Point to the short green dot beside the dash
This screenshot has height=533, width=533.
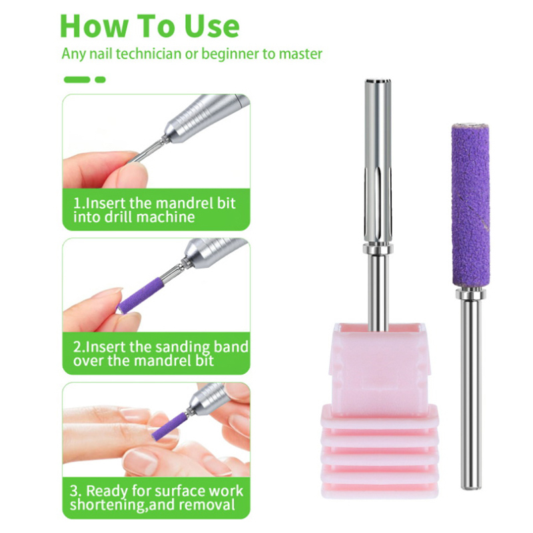point(101,80)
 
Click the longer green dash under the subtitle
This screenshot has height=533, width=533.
point(77,80)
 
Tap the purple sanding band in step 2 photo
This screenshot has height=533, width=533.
point(140,294)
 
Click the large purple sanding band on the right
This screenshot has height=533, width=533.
point(470,206)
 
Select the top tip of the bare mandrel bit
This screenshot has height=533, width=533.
point(378,80)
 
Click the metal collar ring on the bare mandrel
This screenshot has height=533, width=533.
point(378,249)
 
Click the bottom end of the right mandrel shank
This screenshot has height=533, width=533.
point(471,488)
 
